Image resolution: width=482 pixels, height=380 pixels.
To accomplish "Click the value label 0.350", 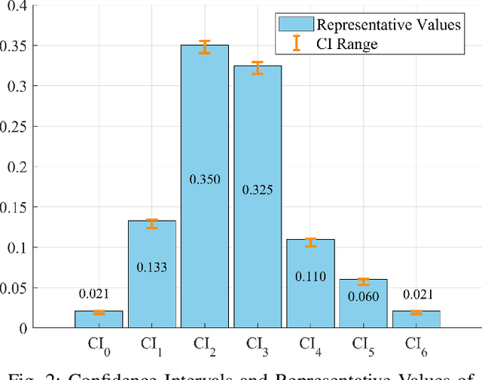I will [204, 179].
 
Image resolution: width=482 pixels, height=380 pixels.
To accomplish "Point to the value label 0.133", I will [151, 266].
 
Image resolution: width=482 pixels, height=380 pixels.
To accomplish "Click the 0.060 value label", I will [363, 296].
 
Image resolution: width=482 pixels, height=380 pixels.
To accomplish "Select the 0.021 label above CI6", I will [416, 294].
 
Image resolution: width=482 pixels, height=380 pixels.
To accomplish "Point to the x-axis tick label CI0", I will [99, 345].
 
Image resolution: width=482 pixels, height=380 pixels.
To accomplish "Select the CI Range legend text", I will [347, 44].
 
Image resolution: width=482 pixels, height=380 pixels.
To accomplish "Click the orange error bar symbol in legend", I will [297, 44].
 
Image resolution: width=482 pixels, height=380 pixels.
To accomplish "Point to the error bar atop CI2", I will [204, 47].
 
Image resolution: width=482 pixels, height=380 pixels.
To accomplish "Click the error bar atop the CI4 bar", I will [310, 242].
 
